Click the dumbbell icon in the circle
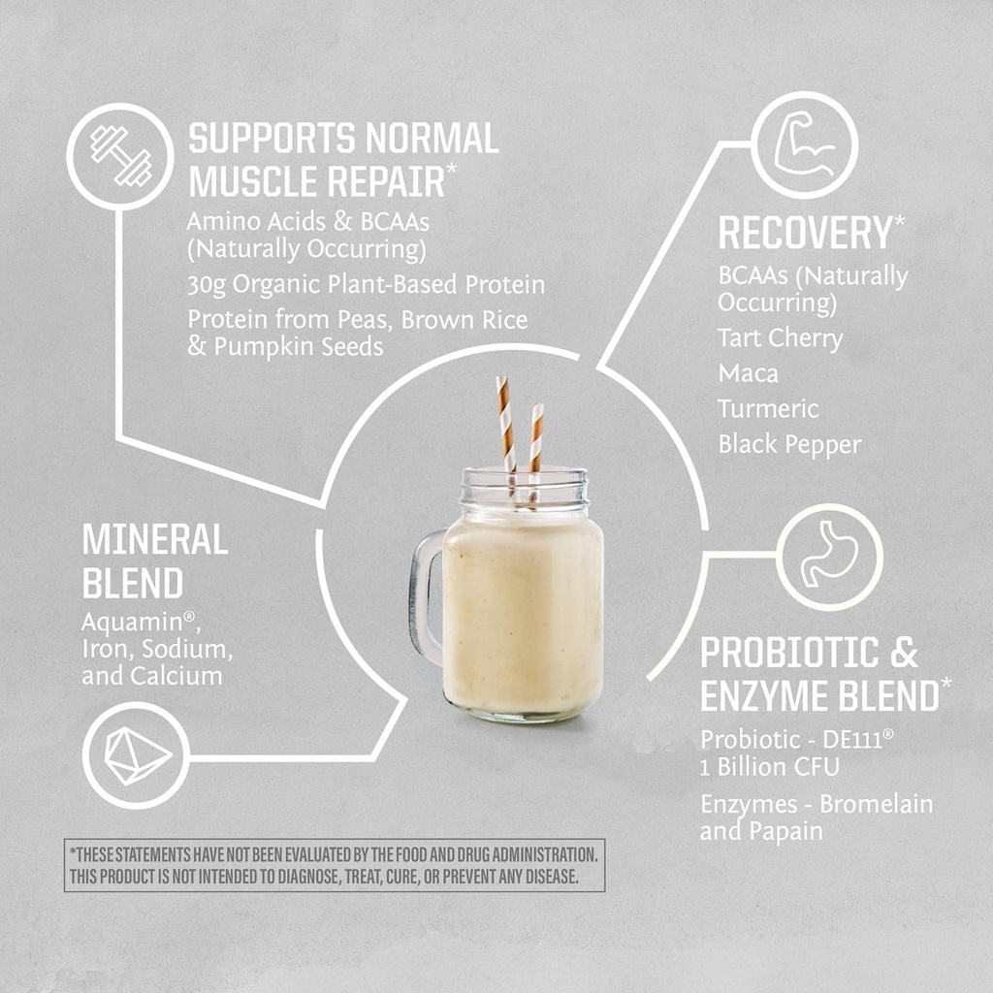(120, 156)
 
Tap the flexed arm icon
(805, 145)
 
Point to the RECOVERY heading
(804, 234)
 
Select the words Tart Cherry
(780, 338)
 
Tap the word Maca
(748, 373)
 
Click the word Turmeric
(768, 409)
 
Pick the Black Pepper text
(789, 445)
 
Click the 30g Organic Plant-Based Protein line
(366, 285)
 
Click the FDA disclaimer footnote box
(335, 865)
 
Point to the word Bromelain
(876, 804)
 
